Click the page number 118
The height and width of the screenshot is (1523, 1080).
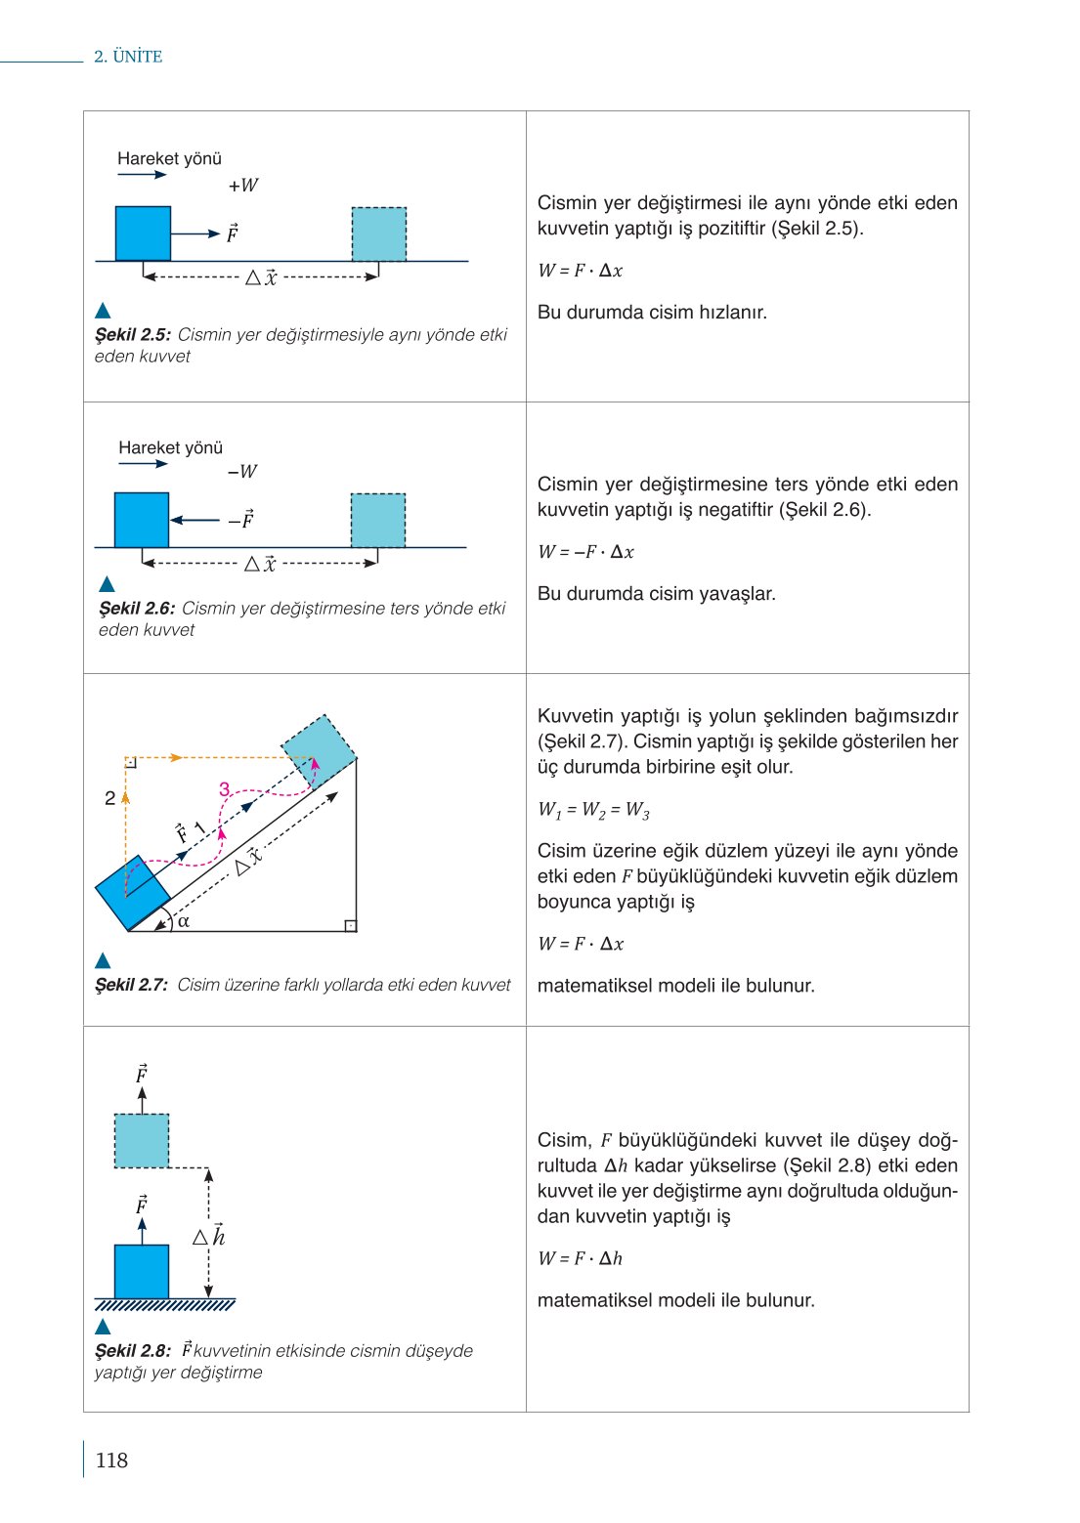point(111,1460)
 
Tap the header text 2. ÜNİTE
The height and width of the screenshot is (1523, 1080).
point(128,57)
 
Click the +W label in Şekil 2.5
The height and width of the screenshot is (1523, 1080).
point(243,186)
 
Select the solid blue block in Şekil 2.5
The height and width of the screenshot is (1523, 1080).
point(143,233)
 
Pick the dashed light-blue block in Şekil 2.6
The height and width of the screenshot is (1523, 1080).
point(378,521)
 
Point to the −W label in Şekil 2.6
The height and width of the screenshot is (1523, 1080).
point(242,472)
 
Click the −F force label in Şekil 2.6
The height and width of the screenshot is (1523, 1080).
point(241,520)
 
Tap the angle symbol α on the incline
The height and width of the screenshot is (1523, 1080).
point(184,920)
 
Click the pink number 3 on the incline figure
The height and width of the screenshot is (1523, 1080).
point(225,789)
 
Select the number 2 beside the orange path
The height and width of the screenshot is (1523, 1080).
point(110,798)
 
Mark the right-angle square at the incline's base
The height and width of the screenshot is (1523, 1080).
point(350,925)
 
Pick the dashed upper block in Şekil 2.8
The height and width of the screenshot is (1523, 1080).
point(142,1141)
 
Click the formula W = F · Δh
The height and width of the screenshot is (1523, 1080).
point(580,1258)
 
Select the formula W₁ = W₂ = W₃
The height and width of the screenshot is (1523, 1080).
point(593,810)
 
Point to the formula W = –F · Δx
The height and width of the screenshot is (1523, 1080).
point(585,552)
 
